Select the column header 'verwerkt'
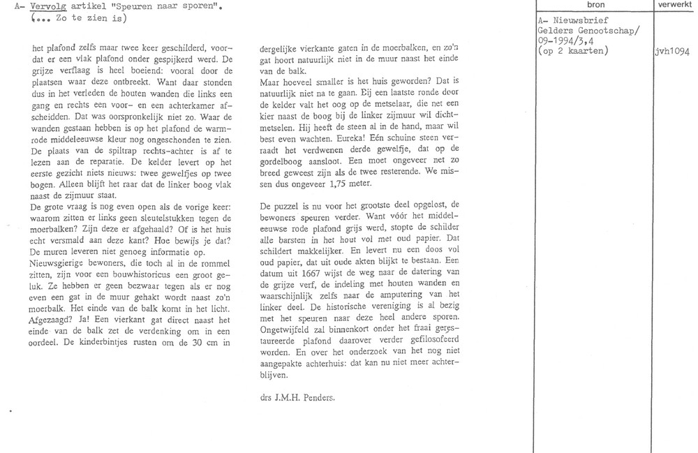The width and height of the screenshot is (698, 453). (674, 5)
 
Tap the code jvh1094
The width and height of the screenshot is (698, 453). (674, 51)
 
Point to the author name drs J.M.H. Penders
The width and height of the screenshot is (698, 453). (294, 398)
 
